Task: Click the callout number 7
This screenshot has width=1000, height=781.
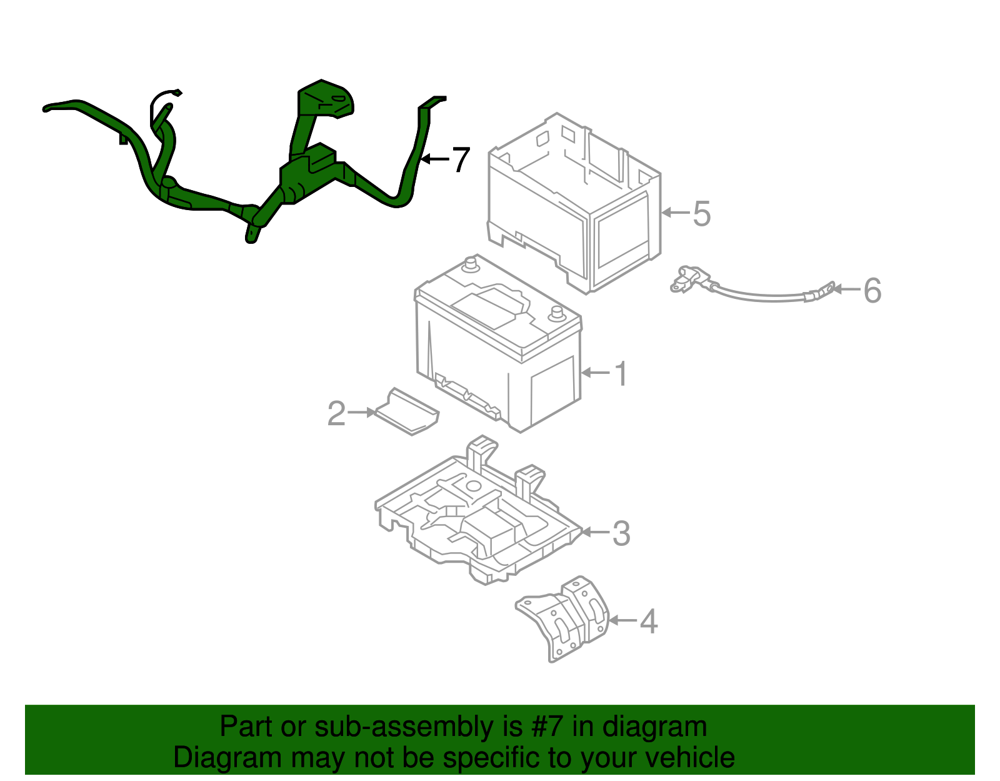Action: (x=461, y=160)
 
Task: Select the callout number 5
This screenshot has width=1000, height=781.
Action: (x=702, y=214)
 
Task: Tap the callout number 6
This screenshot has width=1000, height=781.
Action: (x=872, y=291)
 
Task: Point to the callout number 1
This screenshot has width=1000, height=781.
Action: (x=620, y=374)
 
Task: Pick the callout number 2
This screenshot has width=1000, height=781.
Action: (x=336, y=414)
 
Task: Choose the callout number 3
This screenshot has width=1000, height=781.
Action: (x=621, y=533)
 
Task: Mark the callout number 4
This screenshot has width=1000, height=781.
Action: (x=649, y=622)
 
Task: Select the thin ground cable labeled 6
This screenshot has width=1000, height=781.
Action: (x=750, y=294)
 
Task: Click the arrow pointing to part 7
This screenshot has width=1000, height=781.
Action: (x=434, y=159)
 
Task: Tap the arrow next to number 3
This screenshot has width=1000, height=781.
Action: (x=595, y=532)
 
